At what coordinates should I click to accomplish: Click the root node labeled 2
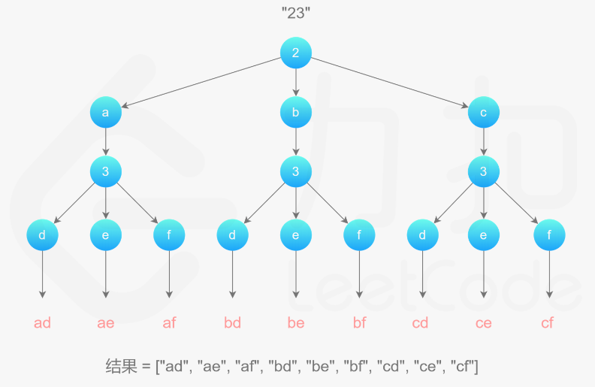[x=295, y=52]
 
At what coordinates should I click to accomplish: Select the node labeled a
[x=105, y=113]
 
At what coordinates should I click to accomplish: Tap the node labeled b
[x=295, y=113]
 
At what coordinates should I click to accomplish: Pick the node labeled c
[x=483, y=113]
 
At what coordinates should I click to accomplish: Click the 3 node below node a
[x=105, y=171]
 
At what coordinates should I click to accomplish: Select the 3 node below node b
[x=295, y=171]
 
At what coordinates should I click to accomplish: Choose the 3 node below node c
[x=483, y=171]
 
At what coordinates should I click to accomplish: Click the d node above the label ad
[x=42, y=235]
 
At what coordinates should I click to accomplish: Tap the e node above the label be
[x=295, y=235]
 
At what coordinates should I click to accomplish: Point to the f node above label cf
[x=548, y=235]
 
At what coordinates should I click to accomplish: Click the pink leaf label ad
[x=42, y=323]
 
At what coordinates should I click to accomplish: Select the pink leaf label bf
[x=360, y=323]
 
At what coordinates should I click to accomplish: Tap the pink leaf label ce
[x=483, y=323]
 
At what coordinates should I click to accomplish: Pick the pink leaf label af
[x=169, y=323]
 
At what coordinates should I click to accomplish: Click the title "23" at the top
[x=295, y=13]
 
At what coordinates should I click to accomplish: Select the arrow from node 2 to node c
[x=391, y=83]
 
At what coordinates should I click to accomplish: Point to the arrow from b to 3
[x=295, y=142]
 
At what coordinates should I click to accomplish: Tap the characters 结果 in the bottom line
[x=120, y=367]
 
